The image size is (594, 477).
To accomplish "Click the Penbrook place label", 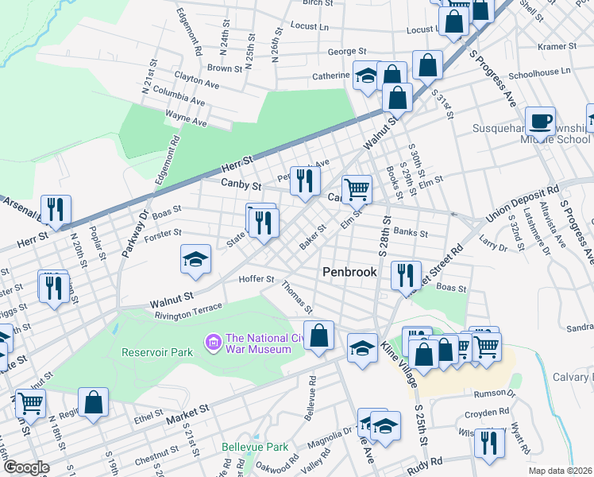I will [x=349, y=272].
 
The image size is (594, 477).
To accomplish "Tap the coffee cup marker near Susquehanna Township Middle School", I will [x=540, y=122].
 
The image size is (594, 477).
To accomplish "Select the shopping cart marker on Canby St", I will [x=357, y=189].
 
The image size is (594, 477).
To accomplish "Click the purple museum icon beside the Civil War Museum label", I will [x=213, y=343].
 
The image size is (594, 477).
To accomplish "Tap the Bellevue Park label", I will [x=255, y=447].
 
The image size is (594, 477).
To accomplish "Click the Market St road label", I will [x=187, y=412].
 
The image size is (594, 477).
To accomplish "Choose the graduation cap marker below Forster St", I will [x=195, y=259].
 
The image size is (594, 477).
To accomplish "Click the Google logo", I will [x=25, y=467].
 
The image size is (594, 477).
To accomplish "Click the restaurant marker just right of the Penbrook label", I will [x=406, y=275].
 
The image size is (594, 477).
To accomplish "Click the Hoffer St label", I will [x=257, y=280].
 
